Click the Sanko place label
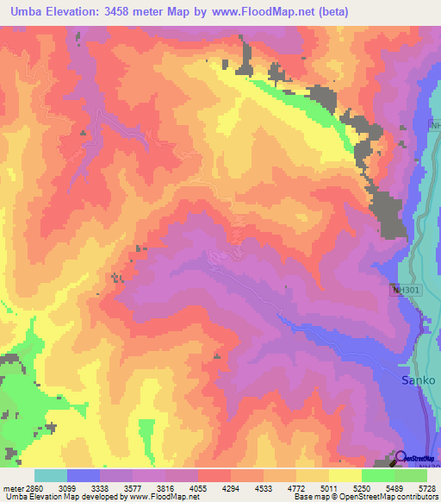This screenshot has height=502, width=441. coord(419,380)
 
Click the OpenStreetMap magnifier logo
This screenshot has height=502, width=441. coord(401,458)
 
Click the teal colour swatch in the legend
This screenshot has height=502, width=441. coord(50,475)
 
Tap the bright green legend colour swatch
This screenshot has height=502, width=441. coord(377,475)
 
